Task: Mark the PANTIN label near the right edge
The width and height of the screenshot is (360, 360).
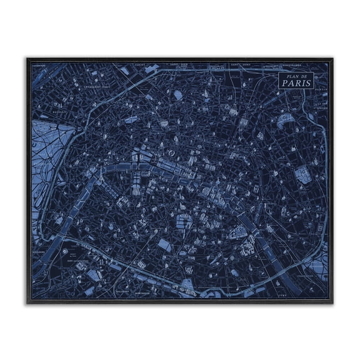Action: coord(322,89)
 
